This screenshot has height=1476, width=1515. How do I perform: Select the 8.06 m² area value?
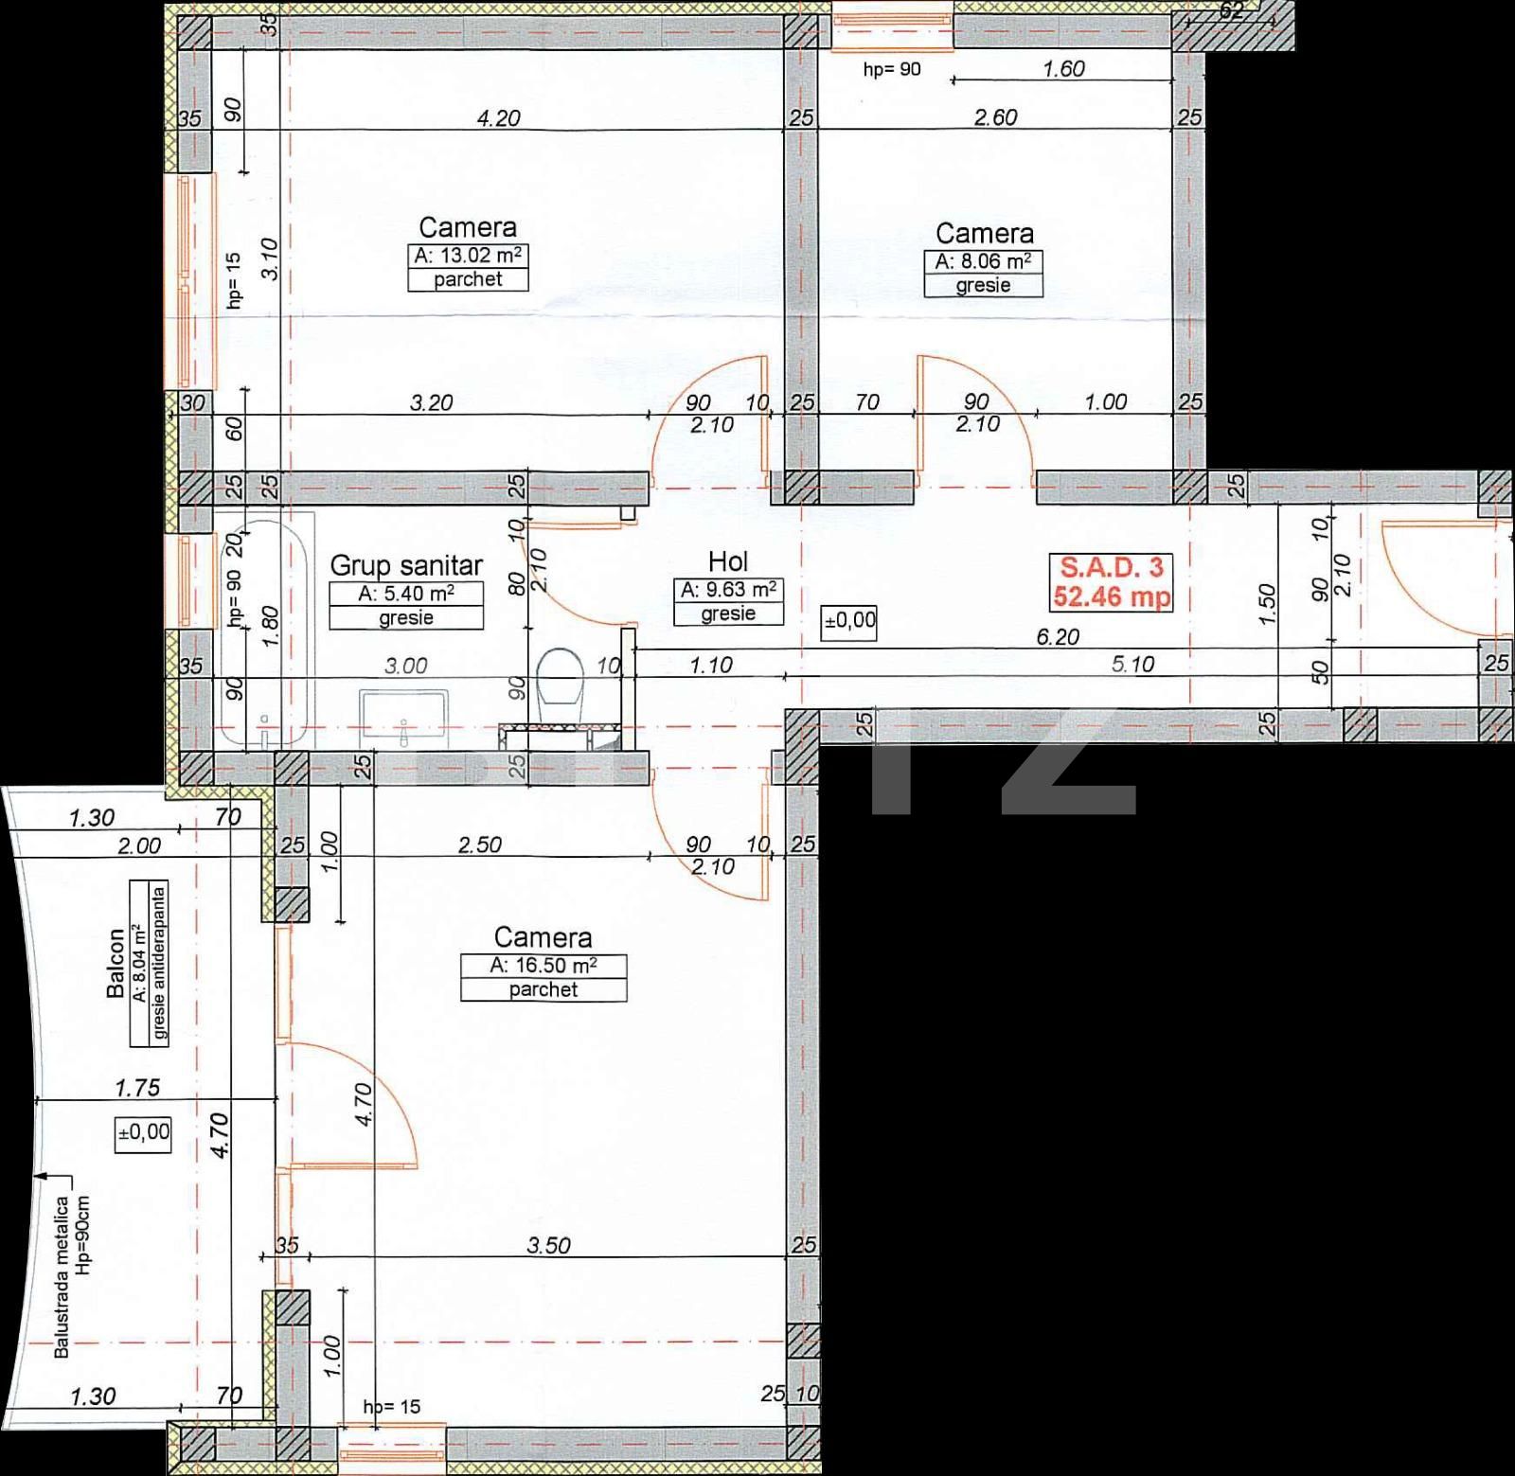[x=984, y=261]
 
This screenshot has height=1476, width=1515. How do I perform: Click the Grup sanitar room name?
[x=406, y=565]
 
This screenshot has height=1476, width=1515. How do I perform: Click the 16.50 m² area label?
[x=544, y=966]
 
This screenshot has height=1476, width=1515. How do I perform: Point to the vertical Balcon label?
[x=116, y=963]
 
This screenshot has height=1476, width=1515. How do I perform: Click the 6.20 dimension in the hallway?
[x=1058, y=637]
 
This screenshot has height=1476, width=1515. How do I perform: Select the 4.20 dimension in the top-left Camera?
[x=498, y=118]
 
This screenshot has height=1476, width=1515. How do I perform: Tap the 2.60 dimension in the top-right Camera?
[x=996, y=117]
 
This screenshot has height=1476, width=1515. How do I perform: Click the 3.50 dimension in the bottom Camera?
[x=549, y=1245]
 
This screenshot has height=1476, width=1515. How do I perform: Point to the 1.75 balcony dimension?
[x=137, y=1088]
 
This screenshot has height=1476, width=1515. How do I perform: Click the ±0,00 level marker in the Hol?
[x=850, y=623]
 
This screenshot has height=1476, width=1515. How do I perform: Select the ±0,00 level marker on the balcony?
[x=144, y=1131]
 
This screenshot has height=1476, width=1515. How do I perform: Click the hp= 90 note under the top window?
[x=891, y=69]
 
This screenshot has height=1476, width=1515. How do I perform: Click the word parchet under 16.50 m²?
[x=544, y=989]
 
